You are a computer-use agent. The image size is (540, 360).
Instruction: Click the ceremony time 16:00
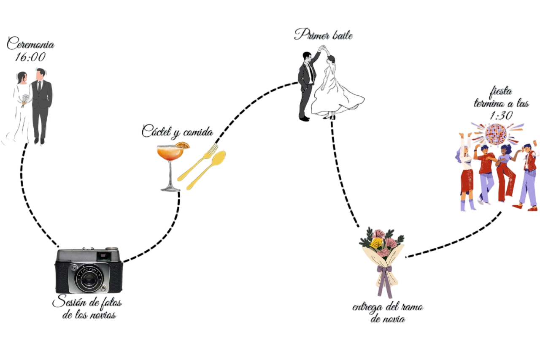coord(30,57)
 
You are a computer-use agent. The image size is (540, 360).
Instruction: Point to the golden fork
coord(198,162)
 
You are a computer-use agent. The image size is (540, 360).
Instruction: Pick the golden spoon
coord(206,171)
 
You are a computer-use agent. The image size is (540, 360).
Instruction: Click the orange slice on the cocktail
coord(183,145)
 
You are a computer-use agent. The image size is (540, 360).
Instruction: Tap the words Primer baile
coord(324,35)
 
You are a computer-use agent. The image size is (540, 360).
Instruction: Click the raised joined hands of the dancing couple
coord(323,48)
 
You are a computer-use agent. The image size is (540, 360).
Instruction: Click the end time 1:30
coord(501,116)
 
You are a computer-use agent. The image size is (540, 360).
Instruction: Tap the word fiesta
coord(501,92)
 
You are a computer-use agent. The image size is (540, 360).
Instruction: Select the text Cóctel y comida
coord(178,132)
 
